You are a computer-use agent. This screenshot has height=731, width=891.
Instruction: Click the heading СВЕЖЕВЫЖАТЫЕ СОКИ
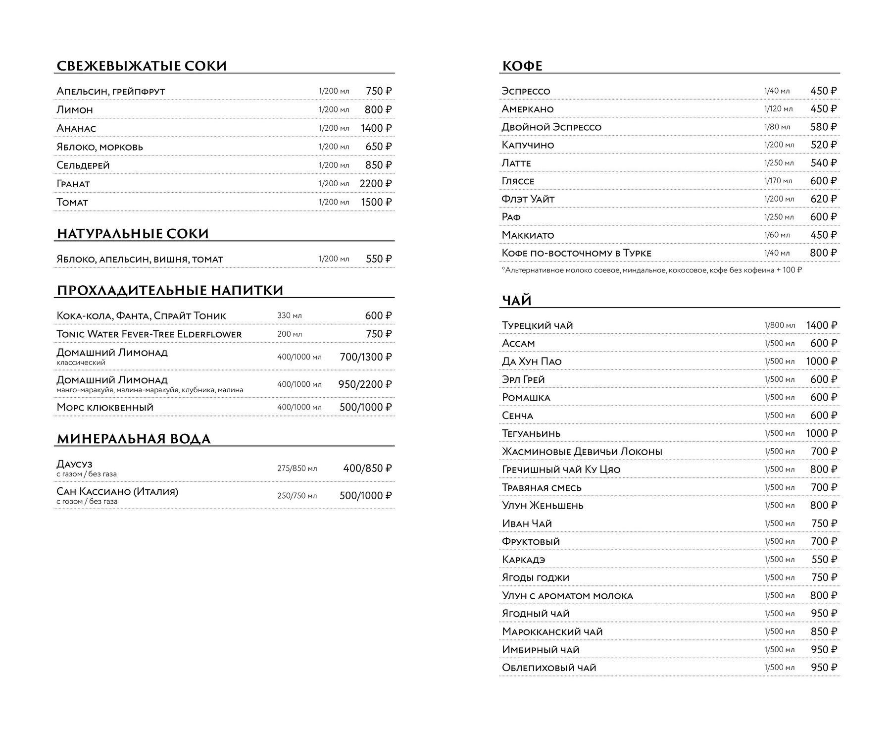pos(142,66)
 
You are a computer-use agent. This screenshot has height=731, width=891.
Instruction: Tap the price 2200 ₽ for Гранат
pos(375,184)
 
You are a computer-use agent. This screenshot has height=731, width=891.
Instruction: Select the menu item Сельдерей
pos(83,165)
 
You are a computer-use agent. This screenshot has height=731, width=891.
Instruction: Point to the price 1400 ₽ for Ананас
pos(376,128)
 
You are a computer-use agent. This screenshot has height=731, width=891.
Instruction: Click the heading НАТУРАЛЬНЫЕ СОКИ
pos(133,234)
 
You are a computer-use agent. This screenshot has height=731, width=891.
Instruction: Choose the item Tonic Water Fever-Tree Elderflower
pos(149,334)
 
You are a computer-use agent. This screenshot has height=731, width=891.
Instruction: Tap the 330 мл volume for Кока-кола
pos(289,315)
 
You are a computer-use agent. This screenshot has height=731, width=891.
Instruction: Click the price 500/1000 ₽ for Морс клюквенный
pos(365,407)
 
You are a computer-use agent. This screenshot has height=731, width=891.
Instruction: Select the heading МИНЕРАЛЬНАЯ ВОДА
pos(134,439)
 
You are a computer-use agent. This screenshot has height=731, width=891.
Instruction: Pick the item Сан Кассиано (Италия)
pos(117,492)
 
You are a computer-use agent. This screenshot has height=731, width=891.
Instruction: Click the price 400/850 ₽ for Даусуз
pos(367,469)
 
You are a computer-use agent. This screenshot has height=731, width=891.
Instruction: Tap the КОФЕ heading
pos(522,66)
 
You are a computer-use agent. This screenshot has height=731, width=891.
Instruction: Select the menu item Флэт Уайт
pos(528,199)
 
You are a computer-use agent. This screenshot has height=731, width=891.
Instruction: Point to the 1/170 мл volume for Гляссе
pos(778,181)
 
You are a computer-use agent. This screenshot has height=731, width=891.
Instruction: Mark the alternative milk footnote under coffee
pos(651,270)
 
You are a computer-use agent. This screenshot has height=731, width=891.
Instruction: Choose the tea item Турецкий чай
pos(537,325)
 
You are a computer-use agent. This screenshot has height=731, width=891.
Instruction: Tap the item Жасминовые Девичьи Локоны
pos(582,452)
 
